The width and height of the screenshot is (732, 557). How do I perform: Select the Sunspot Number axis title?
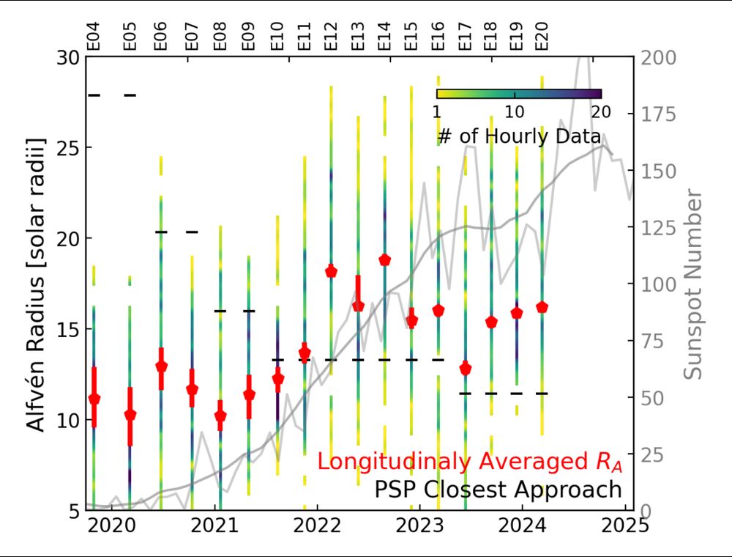coord(693,284)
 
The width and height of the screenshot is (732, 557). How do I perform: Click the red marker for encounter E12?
coord(331,271)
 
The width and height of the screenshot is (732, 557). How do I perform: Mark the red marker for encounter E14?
coord(384,259)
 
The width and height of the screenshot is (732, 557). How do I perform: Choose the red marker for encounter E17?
coord(466,369)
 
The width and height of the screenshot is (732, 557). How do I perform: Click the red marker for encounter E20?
coord(542,307)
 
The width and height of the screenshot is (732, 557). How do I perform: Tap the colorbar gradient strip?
coord(518,94)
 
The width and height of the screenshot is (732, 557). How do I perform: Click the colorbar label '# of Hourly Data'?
coord(519,136)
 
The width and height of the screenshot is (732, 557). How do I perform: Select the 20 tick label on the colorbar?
coord(600,113)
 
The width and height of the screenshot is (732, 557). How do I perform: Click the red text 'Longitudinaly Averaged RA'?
coord(469,462)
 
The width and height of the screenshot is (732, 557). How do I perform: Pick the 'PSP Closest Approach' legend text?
coord(498,489)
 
